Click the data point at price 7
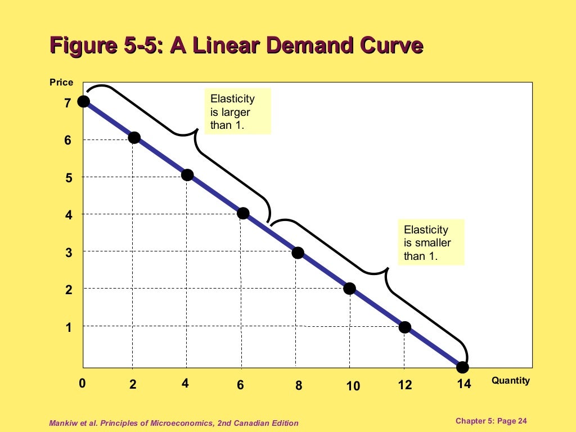84,101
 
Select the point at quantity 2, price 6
134,138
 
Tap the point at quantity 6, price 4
243,213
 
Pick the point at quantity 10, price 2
349,289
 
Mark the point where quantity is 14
462,367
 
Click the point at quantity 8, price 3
298,253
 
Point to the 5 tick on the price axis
68,178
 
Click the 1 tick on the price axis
69,327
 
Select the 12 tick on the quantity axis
404,385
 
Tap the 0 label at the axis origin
82,384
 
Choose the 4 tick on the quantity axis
185,384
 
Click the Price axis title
61,82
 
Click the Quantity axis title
510,380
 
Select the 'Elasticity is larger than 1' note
237,111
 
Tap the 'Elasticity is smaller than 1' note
431,242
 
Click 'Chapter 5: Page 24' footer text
491,421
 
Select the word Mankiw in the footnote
64,423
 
